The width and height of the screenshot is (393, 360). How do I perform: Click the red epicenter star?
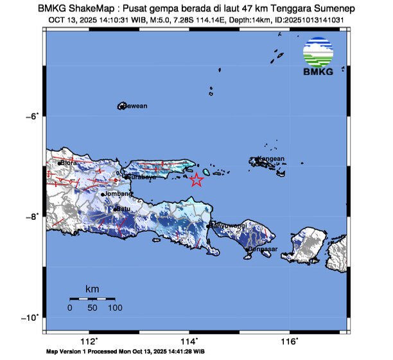coord(197,180)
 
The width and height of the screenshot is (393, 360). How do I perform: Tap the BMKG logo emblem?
coord(319,52)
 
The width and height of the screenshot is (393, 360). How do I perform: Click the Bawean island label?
coord(135,105)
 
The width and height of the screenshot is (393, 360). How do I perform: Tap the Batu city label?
coord(123,208)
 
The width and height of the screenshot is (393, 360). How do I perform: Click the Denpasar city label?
coord(263,248)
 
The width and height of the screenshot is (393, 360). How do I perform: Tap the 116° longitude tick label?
coord(289,341)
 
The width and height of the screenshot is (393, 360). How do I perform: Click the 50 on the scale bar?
coord(92,308)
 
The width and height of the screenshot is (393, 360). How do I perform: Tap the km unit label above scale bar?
coord(92,290)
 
